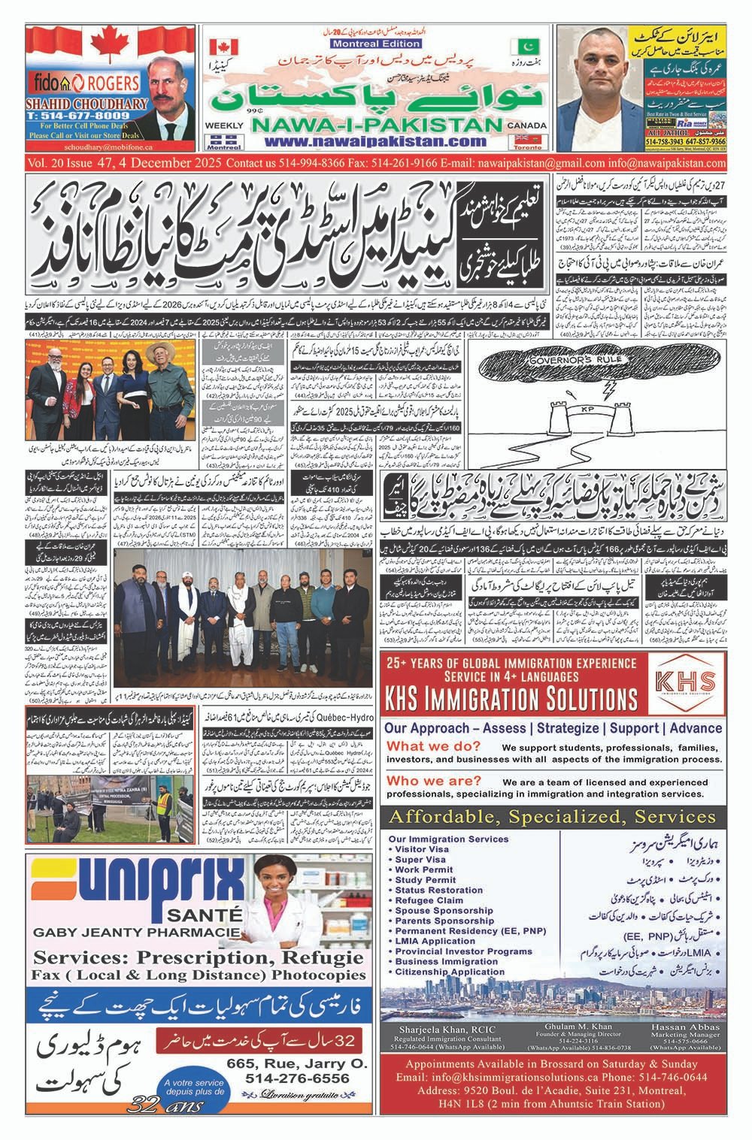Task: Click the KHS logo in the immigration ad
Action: [x=684, y=685]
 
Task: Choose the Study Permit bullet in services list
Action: [x=426, y=880]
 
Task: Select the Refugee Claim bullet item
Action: [x=429, y=900]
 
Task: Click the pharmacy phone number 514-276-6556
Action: [x=296, y=1078]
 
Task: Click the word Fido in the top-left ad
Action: [x=44, y=80]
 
